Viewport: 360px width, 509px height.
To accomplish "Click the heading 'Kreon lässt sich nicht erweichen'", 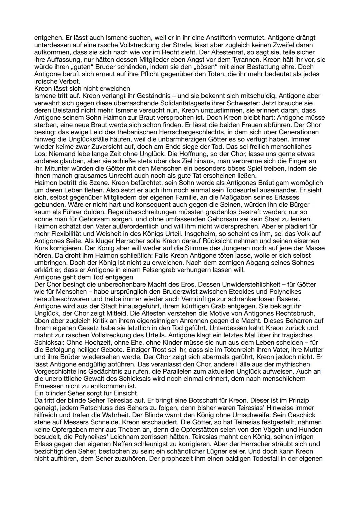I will (82, 89).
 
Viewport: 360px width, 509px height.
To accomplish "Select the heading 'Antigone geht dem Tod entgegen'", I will (84, 277).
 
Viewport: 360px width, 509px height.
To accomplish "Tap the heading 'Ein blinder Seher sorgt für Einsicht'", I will (85, 393).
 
